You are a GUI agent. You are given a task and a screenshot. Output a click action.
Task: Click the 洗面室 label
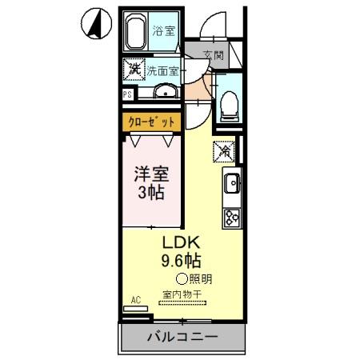click(x=162, y=70)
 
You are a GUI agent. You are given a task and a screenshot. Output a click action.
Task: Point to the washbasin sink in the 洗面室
click(x=164, y=90)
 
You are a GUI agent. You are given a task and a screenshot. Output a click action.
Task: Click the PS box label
click(x=127, y=94)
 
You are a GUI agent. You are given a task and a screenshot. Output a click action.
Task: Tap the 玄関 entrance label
click(x=214, y=56)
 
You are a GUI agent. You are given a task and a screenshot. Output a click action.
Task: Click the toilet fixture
click(x=228, y=102)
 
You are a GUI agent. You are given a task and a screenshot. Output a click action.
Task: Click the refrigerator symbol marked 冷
click(x=225, y=149)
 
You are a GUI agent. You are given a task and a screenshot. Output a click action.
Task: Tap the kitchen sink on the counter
click(x=231, y=184)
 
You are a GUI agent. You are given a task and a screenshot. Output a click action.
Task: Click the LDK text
click(x=180, y=243)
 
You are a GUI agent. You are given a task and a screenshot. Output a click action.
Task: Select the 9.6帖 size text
click(x=182, y=261)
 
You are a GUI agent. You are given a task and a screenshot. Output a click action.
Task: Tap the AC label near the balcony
click(x=135, y=300)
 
